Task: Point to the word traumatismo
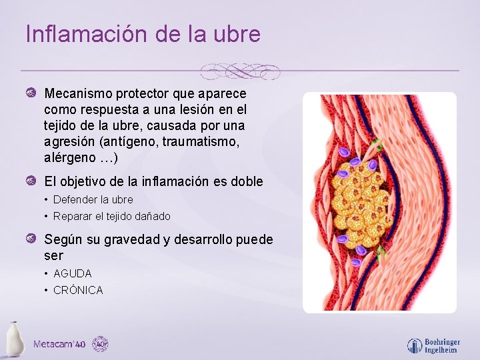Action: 200,142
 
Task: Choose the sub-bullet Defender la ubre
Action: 93,199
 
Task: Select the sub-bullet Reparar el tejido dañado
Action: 111,216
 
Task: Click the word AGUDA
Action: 72,273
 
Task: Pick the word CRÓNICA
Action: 78,290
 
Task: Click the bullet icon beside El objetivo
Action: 31,182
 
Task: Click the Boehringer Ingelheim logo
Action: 433,345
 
